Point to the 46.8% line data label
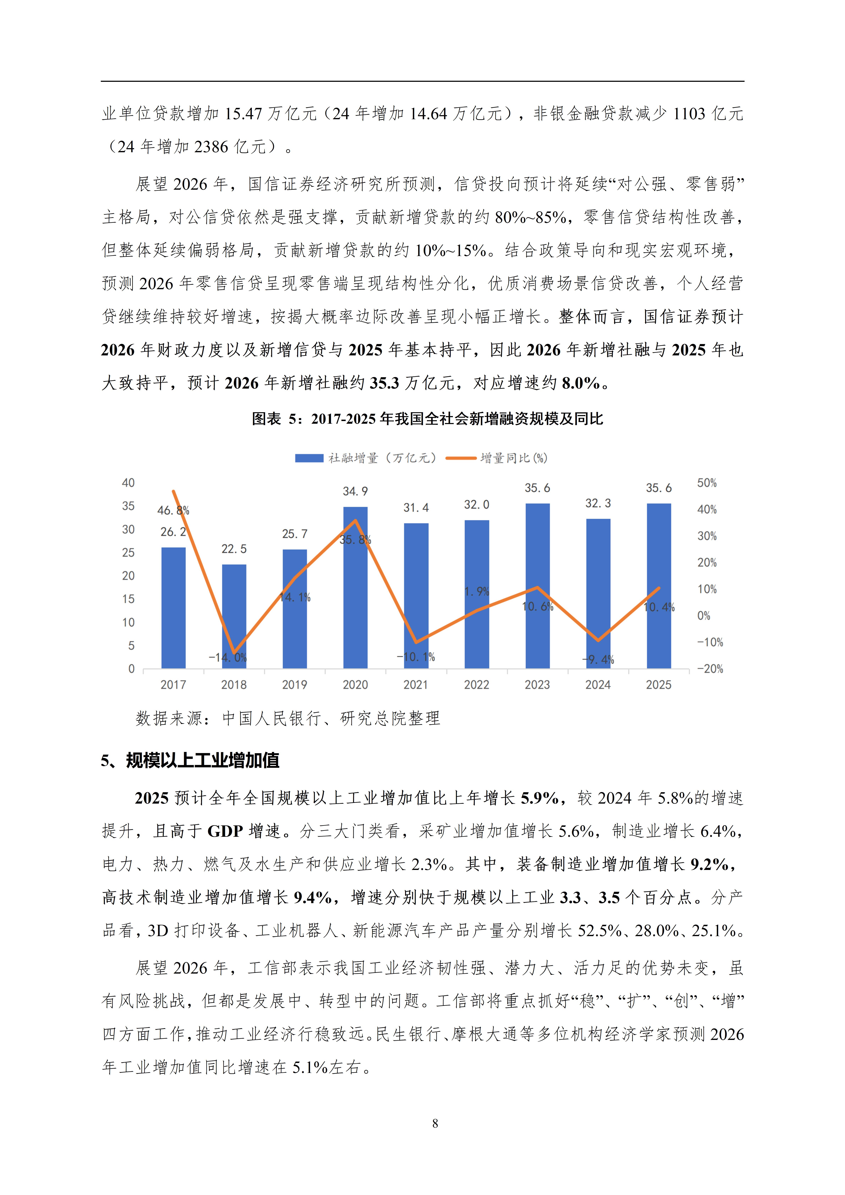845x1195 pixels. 173,511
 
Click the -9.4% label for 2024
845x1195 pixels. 598,660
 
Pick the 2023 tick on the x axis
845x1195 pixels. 537,685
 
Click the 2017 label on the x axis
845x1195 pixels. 173,685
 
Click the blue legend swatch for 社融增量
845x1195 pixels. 309,458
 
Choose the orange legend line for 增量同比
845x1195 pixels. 461,458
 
